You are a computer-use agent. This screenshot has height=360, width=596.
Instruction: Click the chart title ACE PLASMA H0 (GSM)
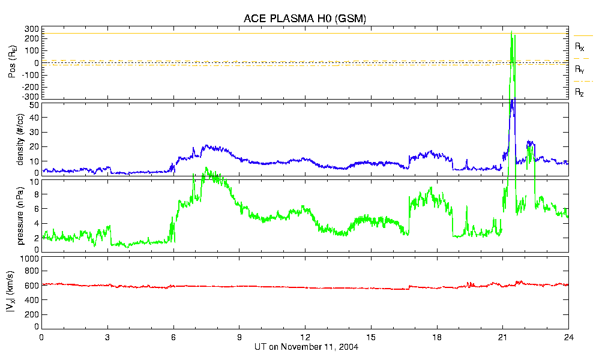[304, 19]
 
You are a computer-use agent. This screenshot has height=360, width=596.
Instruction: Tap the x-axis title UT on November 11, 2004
[304, 347]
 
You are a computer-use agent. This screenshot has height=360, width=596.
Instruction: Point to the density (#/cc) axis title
[21, 139]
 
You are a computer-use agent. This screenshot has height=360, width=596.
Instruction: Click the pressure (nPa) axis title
[21, 214]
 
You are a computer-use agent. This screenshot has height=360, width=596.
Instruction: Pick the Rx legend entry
[580, 46]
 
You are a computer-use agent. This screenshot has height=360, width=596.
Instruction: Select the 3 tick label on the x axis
[107, 337]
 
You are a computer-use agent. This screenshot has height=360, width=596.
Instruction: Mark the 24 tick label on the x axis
[568, 337]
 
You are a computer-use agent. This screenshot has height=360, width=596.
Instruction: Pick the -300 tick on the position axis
[29, 96]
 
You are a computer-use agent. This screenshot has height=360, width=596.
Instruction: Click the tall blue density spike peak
[511, 101]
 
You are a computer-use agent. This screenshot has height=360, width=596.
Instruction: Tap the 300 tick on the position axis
[32, 29]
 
